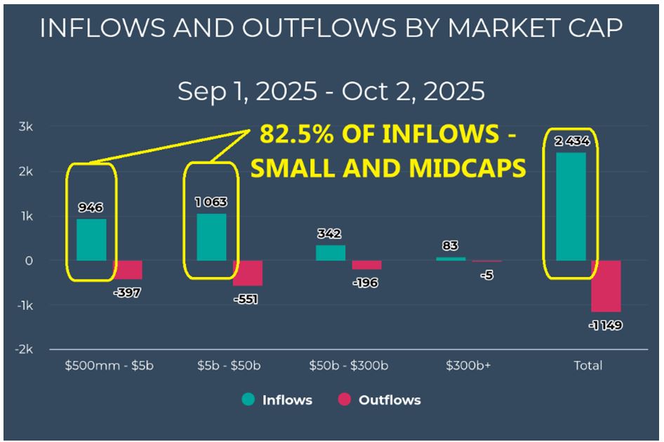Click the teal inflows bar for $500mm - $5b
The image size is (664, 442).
91,239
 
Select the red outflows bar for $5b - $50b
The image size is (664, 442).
248,273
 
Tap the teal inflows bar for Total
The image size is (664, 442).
571,206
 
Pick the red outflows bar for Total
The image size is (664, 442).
606,286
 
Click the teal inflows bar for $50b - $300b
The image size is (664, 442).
331,253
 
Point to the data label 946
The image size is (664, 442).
91,208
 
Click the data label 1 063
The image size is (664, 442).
211,202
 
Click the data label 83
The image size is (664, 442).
450,246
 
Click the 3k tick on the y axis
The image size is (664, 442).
26,127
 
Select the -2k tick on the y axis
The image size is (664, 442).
25,349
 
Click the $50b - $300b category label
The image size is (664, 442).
348,366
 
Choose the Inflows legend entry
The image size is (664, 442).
278,400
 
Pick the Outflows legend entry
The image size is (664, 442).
379,400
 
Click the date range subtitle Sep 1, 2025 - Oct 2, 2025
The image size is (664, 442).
331,91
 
